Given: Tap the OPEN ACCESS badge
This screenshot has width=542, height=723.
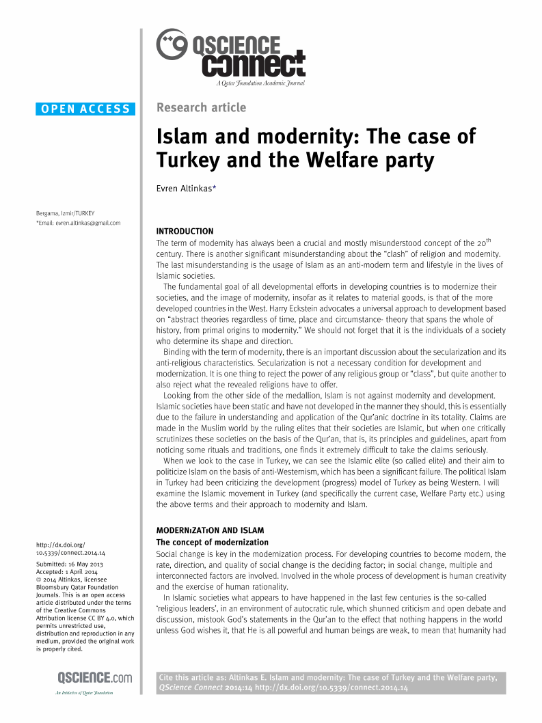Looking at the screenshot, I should click(x=85, y=109).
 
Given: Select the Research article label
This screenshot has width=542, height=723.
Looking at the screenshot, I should click(x=201, y=107).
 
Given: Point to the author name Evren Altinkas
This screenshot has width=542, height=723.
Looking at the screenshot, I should click(x=184, y=189).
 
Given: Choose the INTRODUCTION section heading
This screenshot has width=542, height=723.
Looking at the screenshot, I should click(x=185, y=231).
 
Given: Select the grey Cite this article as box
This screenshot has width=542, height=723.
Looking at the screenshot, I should click(x=331, y=683).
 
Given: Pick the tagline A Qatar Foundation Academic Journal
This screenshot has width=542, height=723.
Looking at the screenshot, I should click(x=260, y=83).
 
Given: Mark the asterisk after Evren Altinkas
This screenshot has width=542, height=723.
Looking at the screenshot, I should click(x=215, y=187).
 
